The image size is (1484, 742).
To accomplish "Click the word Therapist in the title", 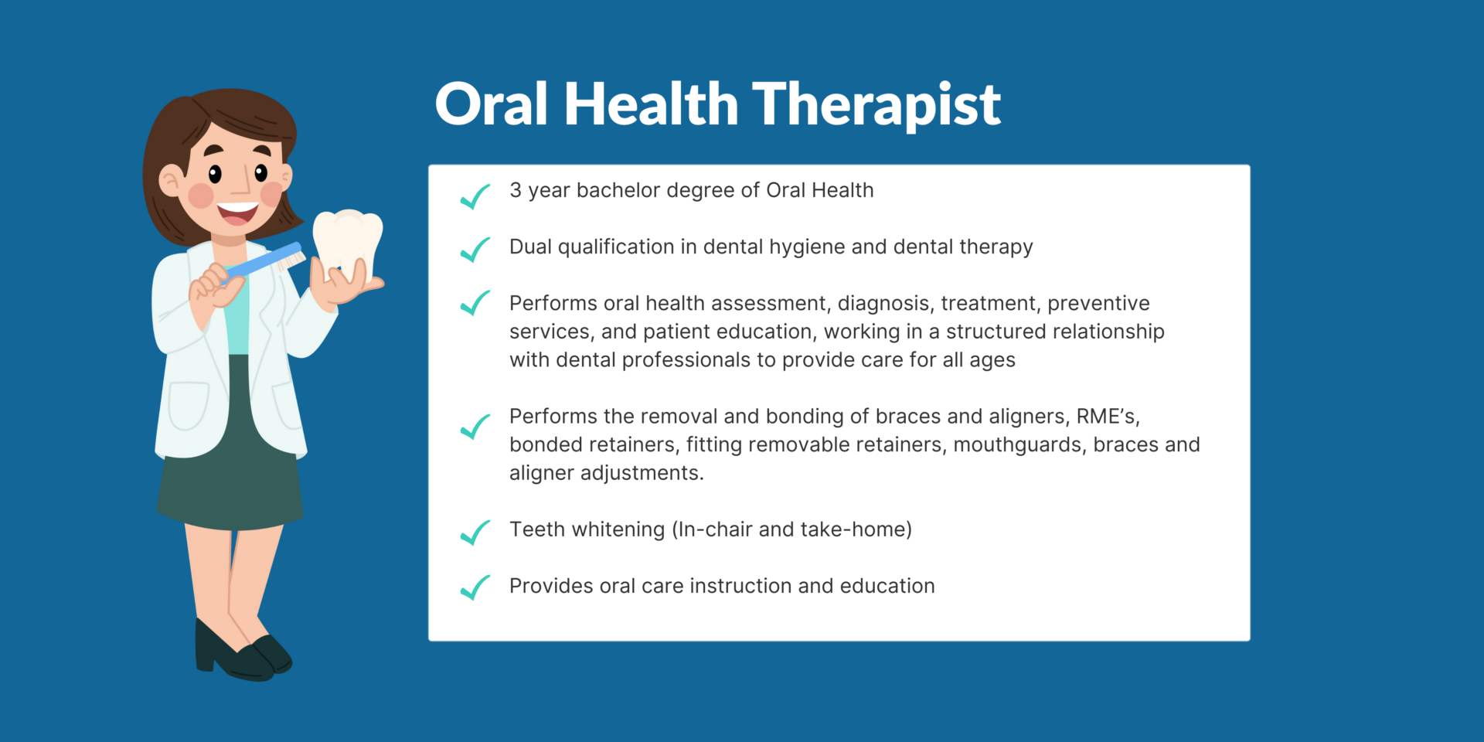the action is point(876,105).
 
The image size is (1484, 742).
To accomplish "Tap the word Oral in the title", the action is point(492,104).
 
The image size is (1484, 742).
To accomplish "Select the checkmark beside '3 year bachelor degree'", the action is point(475,196).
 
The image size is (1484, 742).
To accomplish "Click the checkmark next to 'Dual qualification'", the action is point(475,250).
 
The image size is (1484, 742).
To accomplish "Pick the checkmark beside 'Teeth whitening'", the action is point(475,533).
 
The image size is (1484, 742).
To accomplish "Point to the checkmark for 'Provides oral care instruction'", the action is point(475,587).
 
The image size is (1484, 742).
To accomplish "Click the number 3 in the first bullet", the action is point(516,190).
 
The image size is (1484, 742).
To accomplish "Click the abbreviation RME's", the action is point(1108,417).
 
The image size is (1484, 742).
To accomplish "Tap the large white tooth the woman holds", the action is point(347,242).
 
